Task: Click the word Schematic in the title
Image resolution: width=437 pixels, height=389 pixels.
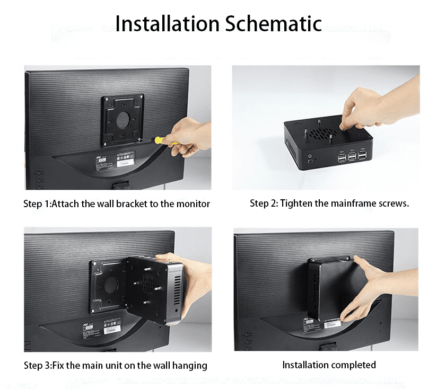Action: click(274, 23)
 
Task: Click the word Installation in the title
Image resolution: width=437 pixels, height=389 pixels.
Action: click(167, 23)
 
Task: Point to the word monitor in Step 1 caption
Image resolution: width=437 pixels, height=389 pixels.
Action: click(193, 204)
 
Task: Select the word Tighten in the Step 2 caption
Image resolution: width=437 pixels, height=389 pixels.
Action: click(296, 204)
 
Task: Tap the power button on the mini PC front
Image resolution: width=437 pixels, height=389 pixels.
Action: click(310, 162)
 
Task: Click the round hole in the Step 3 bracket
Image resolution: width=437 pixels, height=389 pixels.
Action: click(111, 286)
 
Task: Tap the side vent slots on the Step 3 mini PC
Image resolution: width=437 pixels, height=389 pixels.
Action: click(177, 291)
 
